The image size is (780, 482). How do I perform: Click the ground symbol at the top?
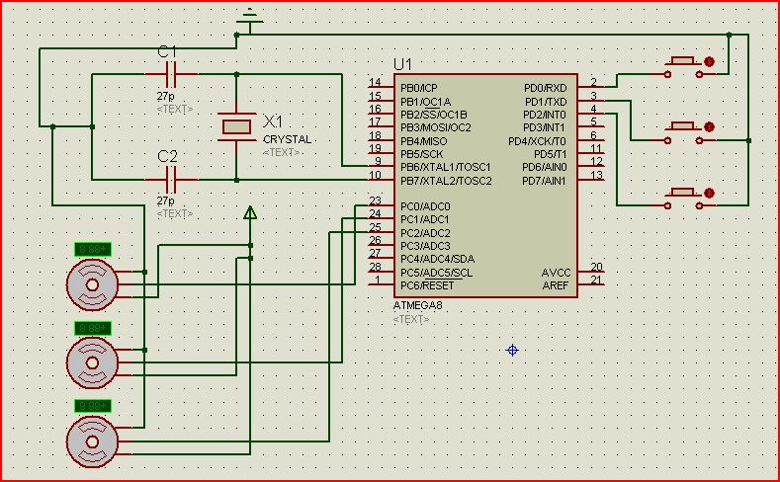pyautogui.click(x=251, y=18)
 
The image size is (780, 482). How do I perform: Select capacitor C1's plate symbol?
pyautogui.click(x=170, y=74)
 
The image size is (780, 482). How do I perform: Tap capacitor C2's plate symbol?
pyautogui.click(x=170, y=180)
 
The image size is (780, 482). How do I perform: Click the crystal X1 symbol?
pyautogui.click(x=237, y=125)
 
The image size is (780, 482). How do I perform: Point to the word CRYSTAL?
pyautogui.click(x=287, y=139)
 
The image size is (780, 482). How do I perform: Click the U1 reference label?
pyautogui.click(x=402, y=64)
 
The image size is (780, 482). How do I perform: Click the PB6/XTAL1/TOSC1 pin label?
pyautogui.click(x=445, y=167)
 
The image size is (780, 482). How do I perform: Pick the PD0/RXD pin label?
pyautogui.click(x=545, y=88)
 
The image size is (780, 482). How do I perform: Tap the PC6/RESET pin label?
pyautogui.click(x=427, y=285)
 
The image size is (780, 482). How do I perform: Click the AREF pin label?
pyautogui.click(x=555, y=285)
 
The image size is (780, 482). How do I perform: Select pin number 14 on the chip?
pyautogui.click(x=375, y=83)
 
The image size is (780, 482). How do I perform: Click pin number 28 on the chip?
pyautogui.click(x=375, y=268)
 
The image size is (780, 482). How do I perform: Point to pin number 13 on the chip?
pyautogui.click(x=595, y=175)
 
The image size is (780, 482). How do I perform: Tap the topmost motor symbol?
pyautogui.click(x=91, y=284)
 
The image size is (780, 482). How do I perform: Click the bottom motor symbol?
pyautogui.click(x=91, y=441)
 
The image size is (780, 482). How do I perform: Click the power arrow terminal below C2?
pyautogui.click(x=250, y=212)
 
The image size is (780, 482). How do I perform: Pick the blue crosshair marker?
pyautogui.click(x=512, y=350)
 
